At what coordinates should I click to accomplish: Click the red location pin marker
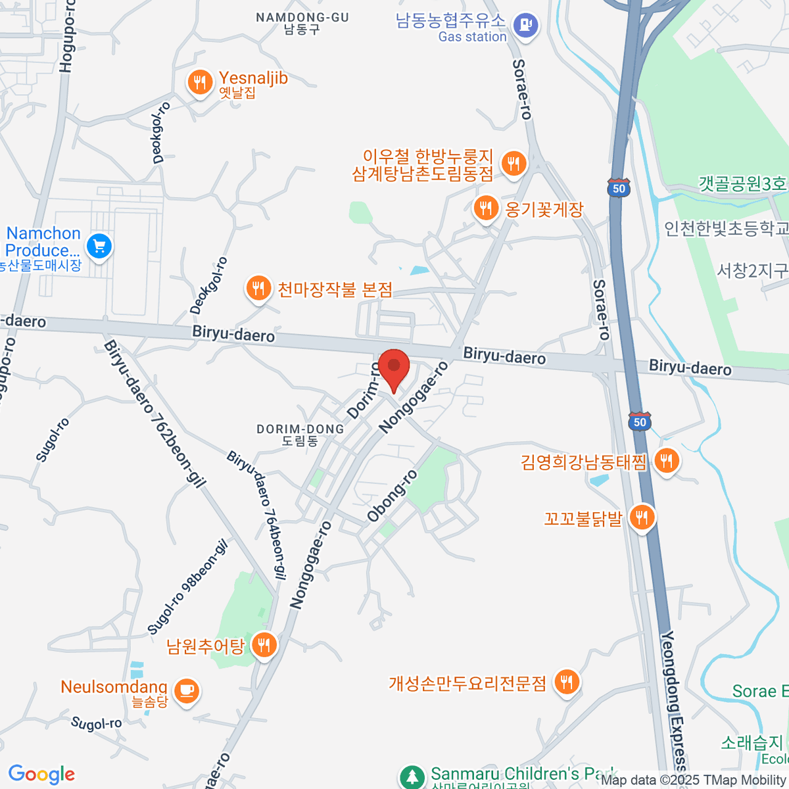pyautogui.click(x=394, y=366)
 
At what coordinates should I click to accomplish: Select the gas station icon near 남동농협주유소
pyautogui.click(x=525, y=26)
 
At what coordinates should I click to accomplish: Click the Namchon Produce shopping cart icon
pyautogui.click(x=99, y=246)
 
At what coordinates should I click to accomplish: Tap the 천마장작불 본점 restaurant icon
pyautogui.click(x=258, y=288)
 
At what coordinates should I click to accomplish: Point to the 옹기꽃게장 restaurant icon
pyautogui.click(x=486, y=208)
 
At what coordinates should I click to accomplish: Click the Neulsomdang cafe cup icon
pyautogui.click(x=187, y=690)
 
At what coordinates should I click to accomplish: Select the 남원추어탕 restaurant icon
pyautogui.click(x=264, y=645)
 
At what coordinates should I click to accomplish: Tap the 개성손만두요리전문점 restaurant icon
pyautogui.click(x=566, y=682)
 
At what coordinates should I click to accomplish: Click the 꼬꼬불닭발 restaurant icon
pyautogui.click(x=642, y=517)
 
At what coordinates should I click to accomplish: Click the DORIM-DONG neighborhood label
pyautogui.click(x=300, y=435)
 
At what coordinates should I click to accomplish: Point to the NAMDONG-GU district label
pyautogui.click(x=302, y=23)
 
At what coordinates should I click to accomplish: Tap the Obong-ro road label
pyautogui.click(x=392, y=496)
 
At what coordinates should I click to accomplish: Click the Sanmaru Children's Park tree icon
pyautogui.click(x=412, y=777)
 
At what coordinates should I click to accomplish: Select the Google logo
pyautogui.click(x=41, y=774)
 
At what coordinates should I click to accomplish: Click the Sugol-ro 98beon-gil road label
pyautogui.click(x=187, y=587)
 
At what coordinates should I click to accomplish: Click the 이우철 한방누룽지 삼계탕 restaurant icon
pyautogui.click(x=514, y=163)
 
